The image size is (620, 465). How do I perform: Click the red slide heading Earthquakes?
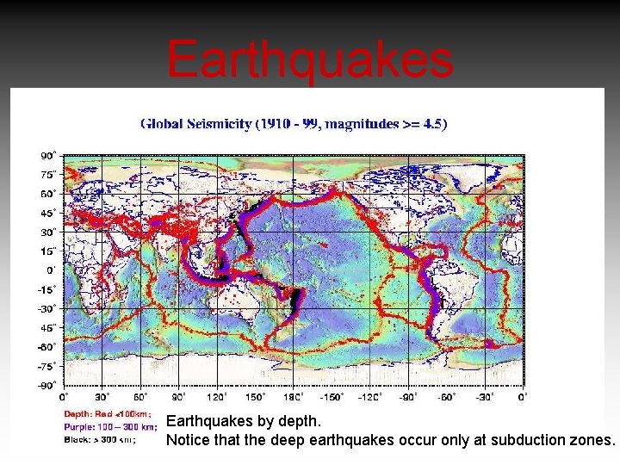coord(310,59)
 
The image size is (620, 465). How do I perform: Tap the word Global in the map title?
coord(161,123)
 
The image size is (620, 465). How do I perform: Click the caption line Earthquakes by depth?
coord(244,422)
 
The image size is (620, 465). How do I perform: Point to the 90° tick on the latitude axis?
coord(48,156)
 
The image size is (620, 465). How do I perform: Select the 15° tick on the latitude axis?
coord(48,251)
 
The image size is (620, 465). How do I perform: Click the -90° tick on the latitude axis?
coord(46,385)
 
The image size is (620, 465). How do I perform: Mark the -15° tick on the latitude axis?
coord(46,289)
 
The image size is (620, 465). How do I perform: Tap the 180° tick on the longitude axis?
coord(294,397)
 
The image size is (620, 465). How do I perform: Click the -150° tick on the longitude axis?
coord(332,397)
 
